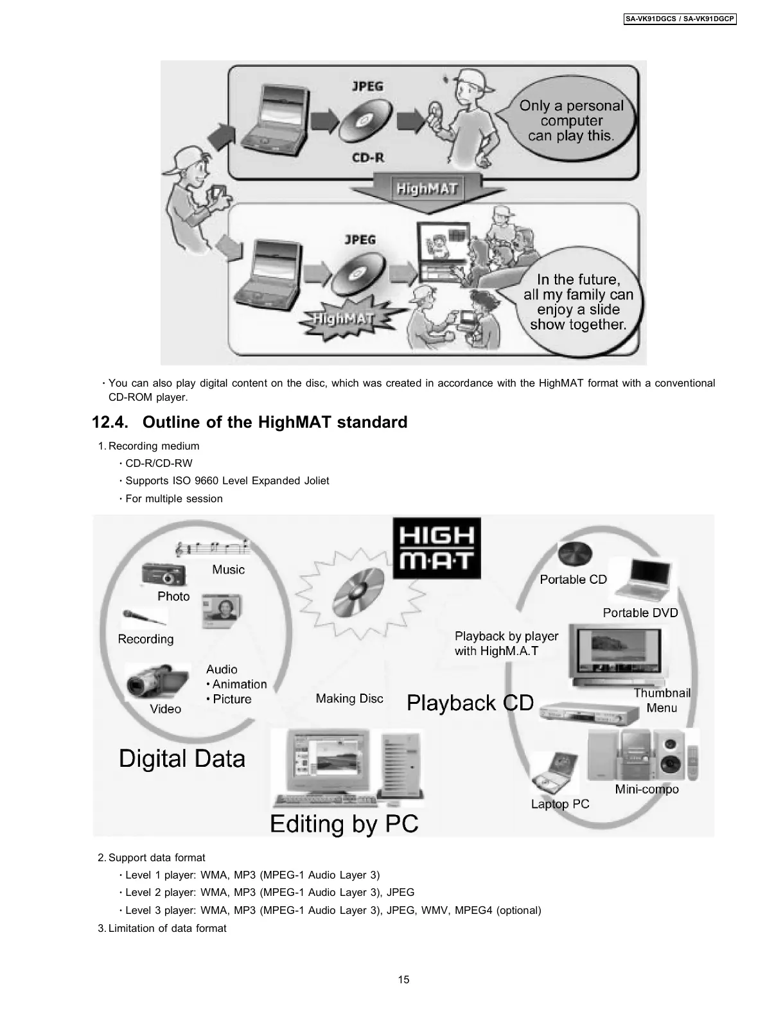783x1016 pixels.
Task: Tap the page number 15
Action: [x=403, y=979]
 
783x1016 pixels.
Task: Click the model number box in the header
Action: [x=680, y=19]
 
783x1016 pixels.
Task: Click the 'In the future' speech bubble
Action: [x=578, y=302]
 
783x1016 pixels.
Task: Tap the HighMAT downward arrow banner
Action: [x=427, y=191]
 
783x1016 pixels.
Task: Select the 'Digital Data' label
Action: [x=182, y=758]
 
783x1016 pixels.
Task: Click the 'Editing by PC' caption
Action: [x=344, y=823]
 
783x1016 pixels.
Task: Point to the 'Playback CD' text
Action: [x=470, y=703]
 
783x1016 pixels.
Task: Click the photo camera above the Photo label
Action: [x=163, y=573]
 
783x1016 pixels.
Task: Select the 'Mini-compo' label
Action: [x=646, y=789]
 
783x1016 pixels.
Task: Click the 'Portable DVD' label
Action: [x=640, y=613]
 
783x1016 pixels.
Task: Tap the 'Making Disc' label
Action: [x=349, y=699]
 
